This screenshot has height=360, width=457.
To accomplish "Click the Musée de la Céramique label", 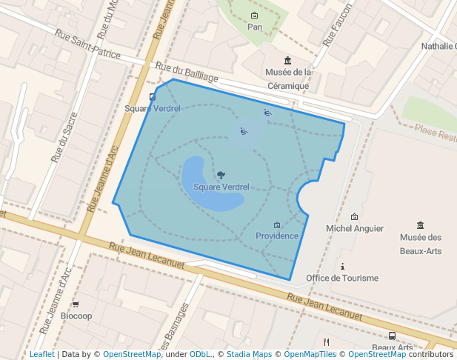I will pyautogui.click(x=288, y=79).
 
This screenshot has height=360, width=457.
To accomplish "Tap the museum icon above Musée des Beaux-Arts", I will pyautogui.click(x=421, y=225).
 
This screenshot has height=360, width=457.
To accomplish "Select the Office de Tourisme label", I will pyautogui.click(x=342, y=278).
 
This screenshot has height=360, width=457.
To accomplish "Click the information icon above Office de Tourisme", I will pyautogui.click(x=342, y=266).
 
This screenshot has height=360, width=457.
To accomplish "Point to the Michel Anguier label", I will pyautogui.click(x=355, y=229).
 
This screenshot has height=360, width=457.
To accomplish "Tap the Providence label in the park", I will pyautogui.click(x=277, y=236).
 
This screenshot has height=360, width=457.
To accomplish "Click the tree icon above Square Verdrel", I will pyautogui.click(x=221, y=175).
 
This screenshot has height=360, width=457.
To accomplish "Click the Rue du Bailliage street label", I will pyautogui.click(x=193, y=73).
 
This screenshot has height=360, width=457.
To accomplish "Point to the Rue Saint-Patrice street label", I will pyautogui.click(x=87, y=44).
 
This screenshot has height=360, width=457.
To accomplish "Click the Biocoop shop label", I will pyautogui.click(x=76, y=316).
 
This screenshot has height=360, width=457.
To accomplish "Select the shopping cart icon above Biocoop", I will pyautogui.click(x=76, y=304).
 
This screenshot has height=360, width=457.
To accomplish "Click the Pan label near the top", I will pyautogui.click(x=255, y=27).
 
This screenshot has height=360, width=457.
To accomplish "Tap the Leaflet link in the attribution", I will pyautogui.click(x=41, y=354).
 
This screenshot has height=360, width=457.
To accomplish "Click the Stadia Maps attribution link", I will pyautogui.click(x=248, y=354).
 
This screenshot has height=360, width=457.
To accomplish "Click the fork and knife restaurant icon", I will pyautogui.click(x=326, y=341).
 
